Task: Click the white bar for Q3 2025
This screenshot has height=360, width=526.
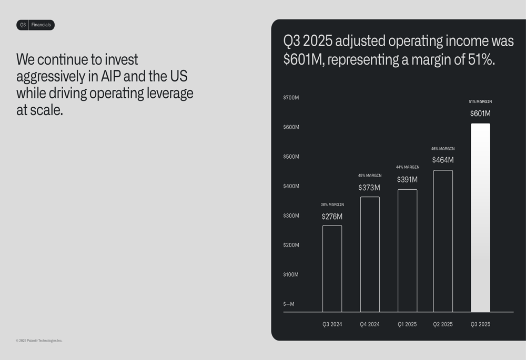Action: (x=480, y=218)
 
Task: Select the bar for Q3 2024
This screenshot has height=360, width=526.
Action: (x=332, y=269)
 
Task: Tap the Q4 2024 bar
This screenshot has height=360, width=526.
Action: (x=370, y=254)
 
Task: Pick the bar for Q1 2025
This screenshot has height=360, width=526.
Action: (x=407, y=251)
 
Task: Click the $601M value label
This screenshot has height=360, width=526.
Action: (x=480, y=114)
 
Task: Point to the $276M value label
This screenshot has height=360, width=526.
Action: (x=332, y=217)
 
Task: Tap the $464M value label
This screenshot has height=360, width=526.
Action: (x=443, y=160)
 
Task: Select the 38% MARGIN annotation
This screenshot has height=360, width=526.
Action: (x=332, y=204)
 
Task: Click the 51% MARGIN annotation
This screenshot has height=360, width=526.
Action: (x=480, y=101)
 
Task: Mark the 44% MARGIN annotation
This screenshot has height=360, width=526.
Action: (x=408, y=167)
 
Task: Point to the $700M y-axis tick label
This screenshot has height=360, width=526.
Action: (x=291, y=98)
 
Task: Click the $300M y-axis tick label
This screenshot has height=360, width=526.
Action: (x=291, y=215)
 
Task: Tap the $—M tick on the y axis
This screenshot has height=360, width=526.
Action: (x=289, y=304)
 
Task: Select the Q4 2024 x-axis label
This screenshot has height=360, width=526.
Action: (x=370, y=324)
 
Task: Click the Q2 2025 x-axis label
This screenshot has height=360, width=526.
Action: (x=443, y=324)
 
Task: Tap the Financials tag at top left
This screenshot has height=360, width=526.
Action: (x=41, y=25)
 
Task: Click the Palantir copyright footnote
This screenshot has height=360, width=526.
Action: (x=39, y=341)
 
